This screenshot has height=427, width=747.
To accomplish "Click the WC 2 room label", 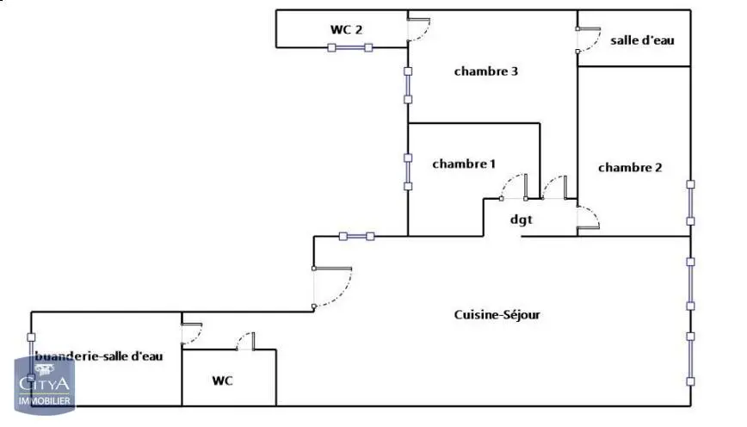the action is coord(346,29).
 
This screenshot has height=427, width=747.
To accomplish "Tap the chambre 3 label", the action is coord(486,71).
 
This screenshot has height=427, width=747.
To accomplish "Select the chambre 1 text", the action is coord(464,164).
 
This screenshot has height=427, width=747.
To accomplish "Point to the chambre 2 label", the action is coord(630,168).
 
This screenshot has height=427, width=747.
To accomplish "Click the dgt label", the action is coord(522,220).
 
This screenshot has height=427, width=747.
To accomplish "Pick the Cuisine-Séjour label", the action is coord(497,314).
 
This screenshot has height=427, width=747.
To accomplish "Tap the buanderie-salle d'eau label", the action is coord(99,356).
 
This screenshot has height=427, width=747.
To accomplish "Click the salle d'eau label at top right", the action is coord(642,40).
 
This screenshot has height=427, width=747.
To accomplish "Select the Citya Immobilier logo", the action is coord(44,385).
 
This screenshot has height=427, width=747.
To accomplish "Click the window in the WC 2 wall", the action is coord(350,47).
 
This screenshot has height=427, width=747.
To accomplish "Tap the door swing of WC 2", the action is coord(419,29).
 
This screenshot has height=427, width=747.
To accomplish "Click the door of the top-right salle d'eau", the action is coord(589,40).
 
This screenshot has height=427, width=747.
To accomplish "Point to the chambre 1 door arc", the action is coord(513,186).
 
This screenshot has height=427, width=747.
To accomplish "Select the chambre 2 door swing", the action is coord(588,218).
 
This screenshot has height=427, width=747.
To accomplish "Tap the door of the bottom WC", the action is coord(246,341).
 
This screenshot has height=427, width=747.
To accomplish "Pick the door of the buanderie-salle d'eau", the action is coord(192,334).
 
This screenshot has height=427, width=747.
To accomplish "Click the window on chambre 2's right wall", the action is coord(690,202).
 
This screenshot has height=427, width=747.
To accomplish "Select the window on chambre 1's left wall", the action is coord(408,172).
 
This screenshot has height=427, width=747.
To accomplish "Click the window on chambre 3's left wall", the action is coord(408,85).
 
